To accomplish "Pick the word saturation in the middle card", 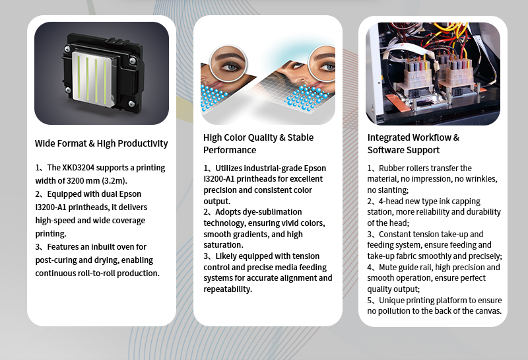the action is [223, 245].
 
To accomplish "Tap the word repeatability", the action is [228, 289].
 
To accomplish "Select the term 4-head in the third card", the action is [390, 201].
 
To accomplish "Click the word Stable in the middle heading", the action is [300, 137].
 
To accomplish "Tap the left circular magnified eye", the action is [228, 63].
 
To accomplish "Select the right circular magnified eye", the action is [323, 63].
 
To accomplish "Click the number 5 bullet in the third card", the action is [370, 301].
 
